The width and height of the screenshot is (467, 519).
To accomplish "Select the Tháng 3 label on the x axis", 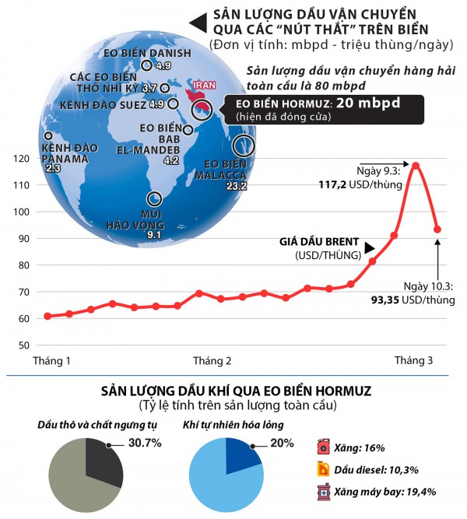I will click(413, 361).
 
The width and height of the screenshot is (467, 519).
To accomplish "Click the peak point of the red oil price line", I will click(416, 165).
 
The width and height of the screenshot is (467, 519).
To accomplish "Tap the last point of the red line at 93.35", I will click(437, 230).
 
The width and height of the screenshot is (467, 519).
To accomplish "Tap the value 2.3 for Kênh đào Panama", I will click(54, 168).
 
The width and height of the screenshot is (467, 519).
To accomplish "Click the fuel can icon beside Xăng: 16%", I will click(323, 448).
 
